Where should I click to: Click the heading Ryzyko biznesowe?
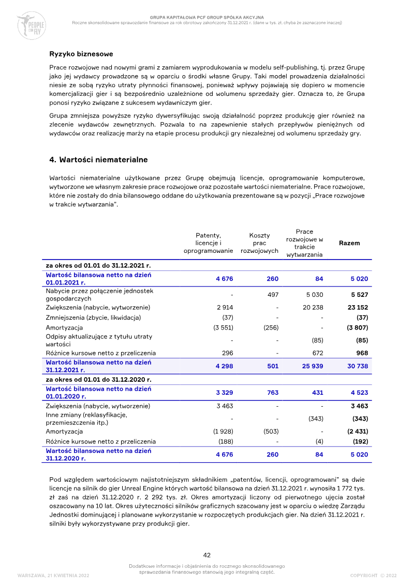(81, 54)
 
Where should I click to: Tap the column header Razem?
(349, 243)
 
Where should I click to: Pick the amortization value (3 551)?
(223, 328)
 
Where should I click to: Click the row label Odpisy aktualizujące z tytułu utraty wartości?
(99, 340)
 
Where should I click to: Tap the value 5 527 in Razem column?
(359, 295)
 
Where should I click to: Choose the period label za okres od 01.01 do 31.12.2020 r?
(98, 380)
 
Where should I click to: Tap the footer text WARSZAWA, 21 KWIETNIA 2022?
(53, 576)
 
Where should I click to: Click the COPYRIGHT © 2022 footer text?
(373, 576)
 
